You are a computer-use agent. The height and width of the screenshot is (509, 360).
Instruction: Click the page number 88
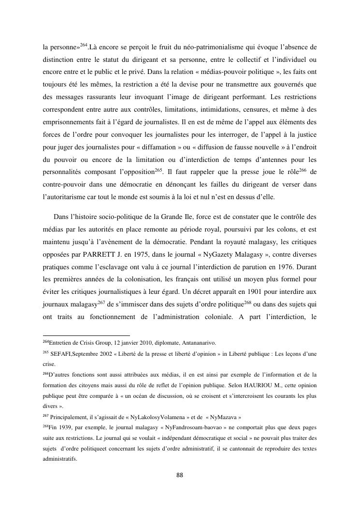point(180,475)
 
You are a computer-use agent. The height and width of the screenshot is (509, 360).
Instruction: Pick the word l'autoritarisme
point(71,198)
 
